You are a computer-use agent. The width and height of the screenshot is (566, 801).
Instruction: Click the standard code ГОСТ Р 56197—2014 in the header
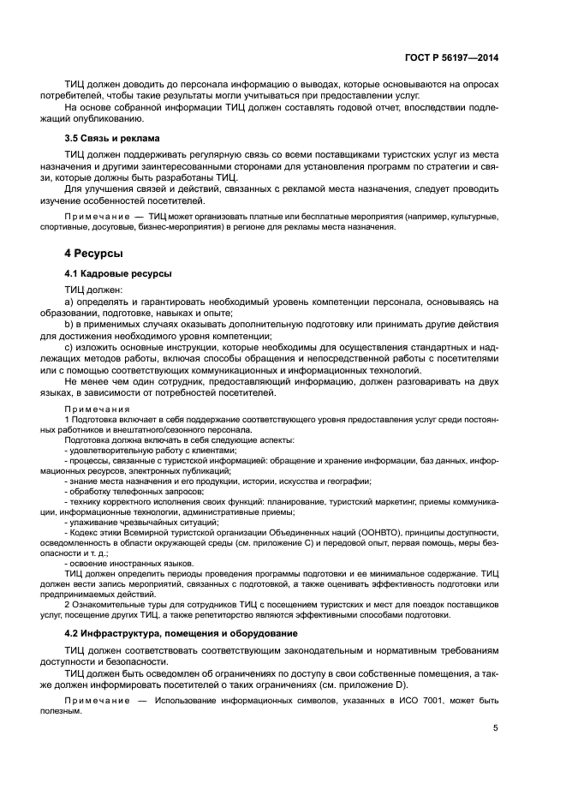point(452,57)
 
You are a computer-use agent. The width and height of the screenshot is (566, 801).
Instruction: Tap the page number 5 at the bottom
point(495,729)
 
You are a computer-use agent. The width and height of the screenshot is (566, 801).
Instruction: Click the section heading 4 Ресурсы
point(94,254)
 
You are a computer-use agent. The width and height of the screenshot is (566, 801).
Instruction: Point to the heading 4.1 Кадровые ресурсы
point(118,273)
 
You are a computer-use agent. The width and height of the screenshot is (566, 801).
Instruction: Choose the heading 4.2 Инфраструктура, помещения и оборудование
point(182,633)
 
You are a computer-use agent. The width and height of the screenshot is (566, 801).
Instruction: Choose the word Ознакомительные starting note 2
point(108,604)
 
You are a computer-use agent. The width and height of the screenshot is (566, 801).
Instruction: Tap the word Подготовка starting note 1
point(94,420)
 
